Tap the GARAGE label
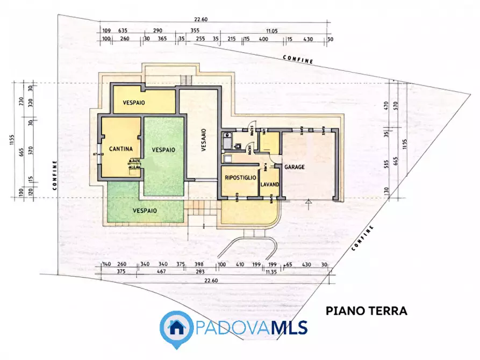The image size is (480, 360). (295, 167)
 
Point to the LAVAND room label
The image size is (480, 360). (269, 184)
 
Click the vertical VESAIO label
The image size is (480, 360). (203, 140)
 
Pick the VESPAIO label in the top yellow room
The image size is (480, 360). (134, 102)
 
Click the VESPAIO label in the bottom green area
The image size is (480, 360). (145, 211)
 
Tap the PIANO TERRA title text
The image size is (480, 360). (367, 311)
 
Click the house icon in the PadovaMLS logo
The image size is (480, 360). (177, 326)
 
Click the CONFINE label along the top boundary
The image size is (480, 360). (298, 59)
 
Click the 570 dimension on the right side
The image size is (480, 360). (395, 105)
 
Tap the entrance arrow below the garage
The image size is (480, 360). (309, 203)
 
